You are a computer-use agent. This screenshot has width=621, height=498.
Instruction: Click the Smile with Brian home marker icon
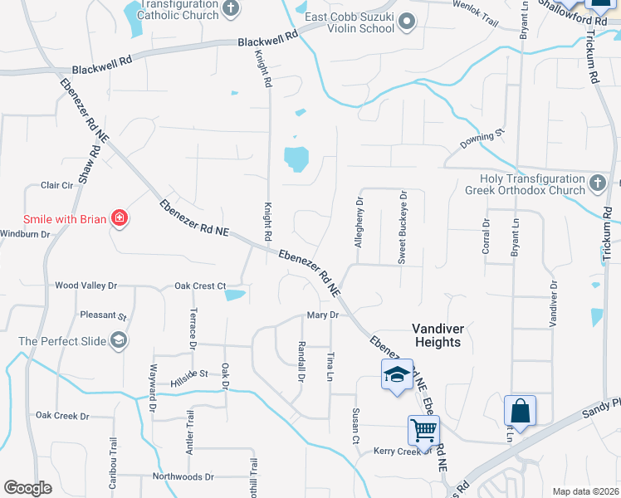[120, 219]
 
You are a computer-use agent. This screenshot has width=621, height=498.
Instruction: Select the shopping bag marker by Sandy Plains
[520, 411]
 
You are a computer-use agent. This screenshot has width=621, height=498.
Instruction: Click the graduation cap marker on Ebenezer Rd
[397, 374]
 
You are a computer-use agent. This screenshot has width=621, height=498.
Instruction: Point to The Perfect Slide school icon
[120, 340]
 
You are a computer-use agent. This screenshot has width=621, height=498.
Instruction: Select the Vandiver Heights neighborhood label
[437, 335]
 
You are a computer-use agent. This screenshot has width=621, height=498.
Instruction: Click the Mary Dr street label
[323, 315]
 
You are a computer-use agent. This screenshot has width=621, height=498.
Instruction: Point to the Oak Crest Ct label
[200, 286]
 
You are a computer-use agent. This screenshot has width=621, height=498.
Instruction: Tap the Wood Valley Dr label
[86, 286]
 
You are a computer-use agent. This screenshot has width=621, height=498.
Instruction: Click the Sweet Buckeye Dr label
[402, 237]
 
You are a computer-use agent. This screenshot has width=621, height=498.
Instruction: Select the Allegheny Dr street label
[359, 222]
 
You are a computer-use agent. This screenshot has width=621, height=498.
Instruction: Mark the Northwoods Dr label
[183, 477]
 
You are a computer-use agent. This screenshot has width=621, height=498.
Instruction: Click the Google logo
[28, 488]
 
